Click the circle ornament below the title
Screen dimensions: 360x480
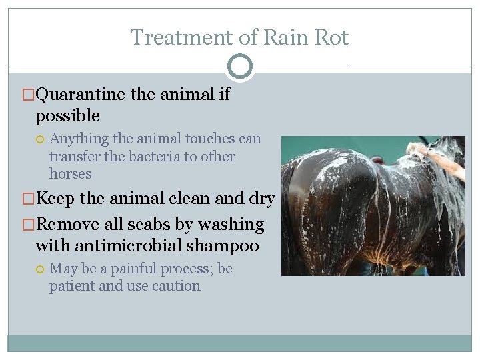click(240, 67)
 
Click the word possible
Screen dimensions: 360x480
click(67, 116)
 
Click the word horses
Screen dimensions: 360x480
click(70, 174)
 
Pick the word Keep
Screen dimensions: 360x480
click(55, 199)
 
